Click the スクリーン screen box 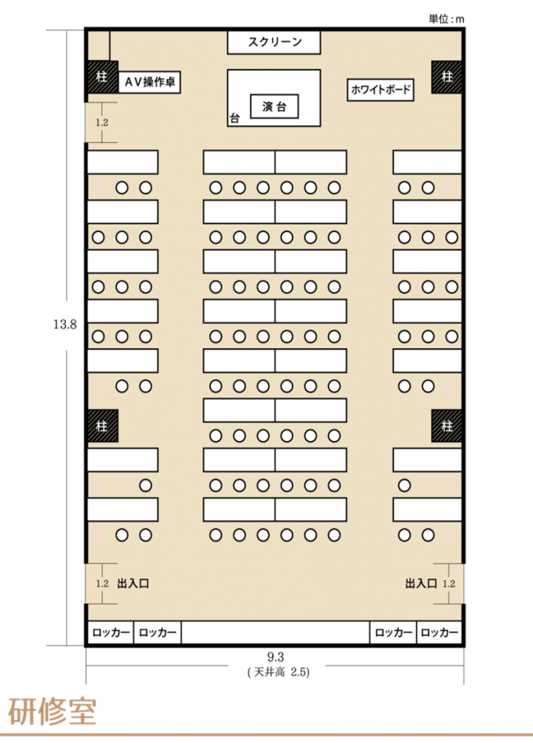point(274,42)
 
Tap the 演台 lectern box point(274,106)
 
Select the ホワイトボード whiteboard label point(381,89)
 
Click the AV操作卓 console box point(149,83)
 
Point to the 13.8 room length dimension point(65,324)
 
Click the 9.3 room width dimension point(276,657)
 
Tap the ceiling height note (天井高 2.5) point(278,672)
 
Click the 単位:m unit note point(446,19)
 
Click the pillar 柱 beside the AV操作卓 point(102,76)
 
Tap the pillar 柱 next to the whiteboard point(447,77)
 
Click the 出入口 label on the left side point(133,583)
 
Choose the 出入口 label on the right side point(421,583)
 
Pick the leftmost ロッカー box point(110,632)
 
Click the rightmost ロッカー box point(439,632)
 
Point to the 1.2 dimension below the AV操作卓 point(102,122)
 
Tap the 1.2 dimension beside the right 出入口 point(449,583)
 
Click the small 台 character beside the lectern point(234,118)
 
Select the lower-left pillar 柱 point(102,426)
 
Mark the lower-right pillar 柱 point(447,426)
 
